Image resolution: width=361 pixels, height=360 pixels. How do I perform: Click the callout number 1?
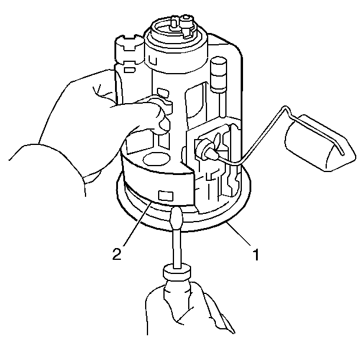255,254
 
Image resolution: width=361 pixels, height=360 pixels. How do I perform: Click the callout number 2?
117,254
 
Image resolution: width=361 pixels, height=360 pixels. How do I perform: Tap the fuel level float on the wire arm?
320,143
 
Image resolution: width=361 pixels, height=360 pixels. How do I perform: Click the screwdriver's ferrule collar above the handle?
177,272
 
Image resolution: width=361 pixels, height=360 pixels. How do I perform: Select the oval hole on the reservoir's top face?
156,158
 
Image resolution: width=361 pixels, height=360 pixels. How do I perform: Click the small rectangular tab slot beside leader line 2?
165,196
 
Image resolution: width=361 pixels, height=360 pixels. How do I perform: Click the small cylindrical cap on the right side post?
218,64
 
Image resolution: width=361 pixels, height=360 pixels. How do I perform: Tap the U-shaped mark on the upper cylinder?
153,61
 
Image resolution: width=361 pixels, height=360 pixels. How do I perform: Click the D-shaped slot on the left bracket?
129,70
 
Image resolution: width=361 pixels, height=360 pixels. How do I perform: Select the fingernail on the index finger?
164,124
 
